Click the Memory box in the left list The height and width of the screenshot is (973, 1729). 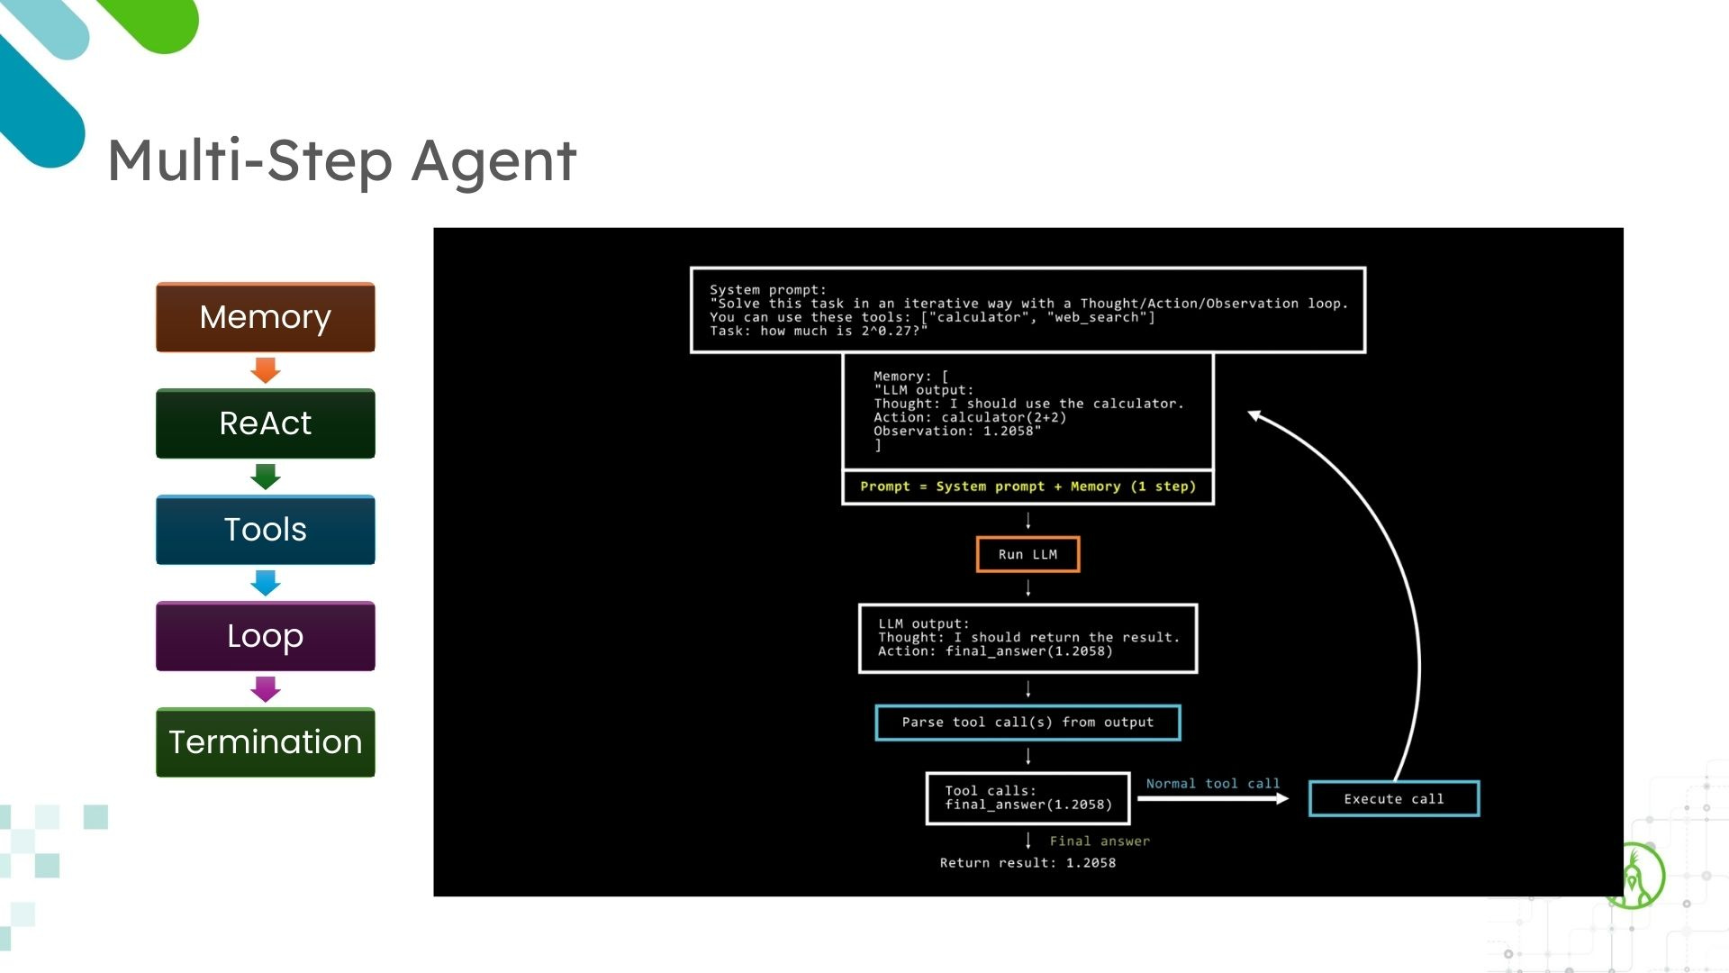click(x=265, y=317)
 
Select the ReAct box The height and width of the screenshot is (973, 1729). click(x=265, y=423)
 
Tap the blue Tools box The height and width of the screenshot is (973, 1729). click(x=265, y=530)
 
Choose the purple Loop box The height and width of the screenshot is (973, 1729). click(x=265, y=636)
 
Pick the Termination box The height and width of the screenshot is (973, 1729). click(x=265, y=742)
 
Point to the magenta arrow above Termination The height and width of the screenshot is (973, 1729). click(x=265, y=689)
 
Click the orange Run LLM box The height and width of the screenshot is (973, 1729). click(x=1027, y=554)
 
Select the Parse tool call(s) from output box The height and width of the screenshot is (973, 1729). click(x=1027, y=723)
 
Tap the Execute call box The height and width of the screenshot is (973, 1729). click(x=1393, y=799)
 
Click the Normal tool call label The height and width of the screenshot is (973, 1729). click(x=1212, y=784)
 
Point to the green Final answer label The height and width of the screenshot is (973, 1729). click(x=1100, y=841)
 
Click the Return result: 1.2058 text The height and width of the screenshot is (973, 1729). click(x=1027, y=863)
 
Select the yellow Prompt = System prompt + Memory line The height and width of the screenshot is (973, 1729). click(x=1027, y=486)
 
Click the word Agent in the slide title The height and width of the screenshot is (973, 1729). click(x=494, y=162)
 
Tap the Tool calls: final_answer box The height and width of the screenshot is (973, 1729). click(x=1027, y=798)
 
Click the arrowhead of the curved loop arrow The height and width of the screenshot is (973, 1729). click(x=1254, y=415)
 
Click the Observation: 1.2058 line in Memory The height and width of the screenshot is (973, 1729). click(x=956, y=432)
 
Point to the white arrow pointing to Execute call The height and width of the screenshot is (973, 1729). click(x=1212, y=798)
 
